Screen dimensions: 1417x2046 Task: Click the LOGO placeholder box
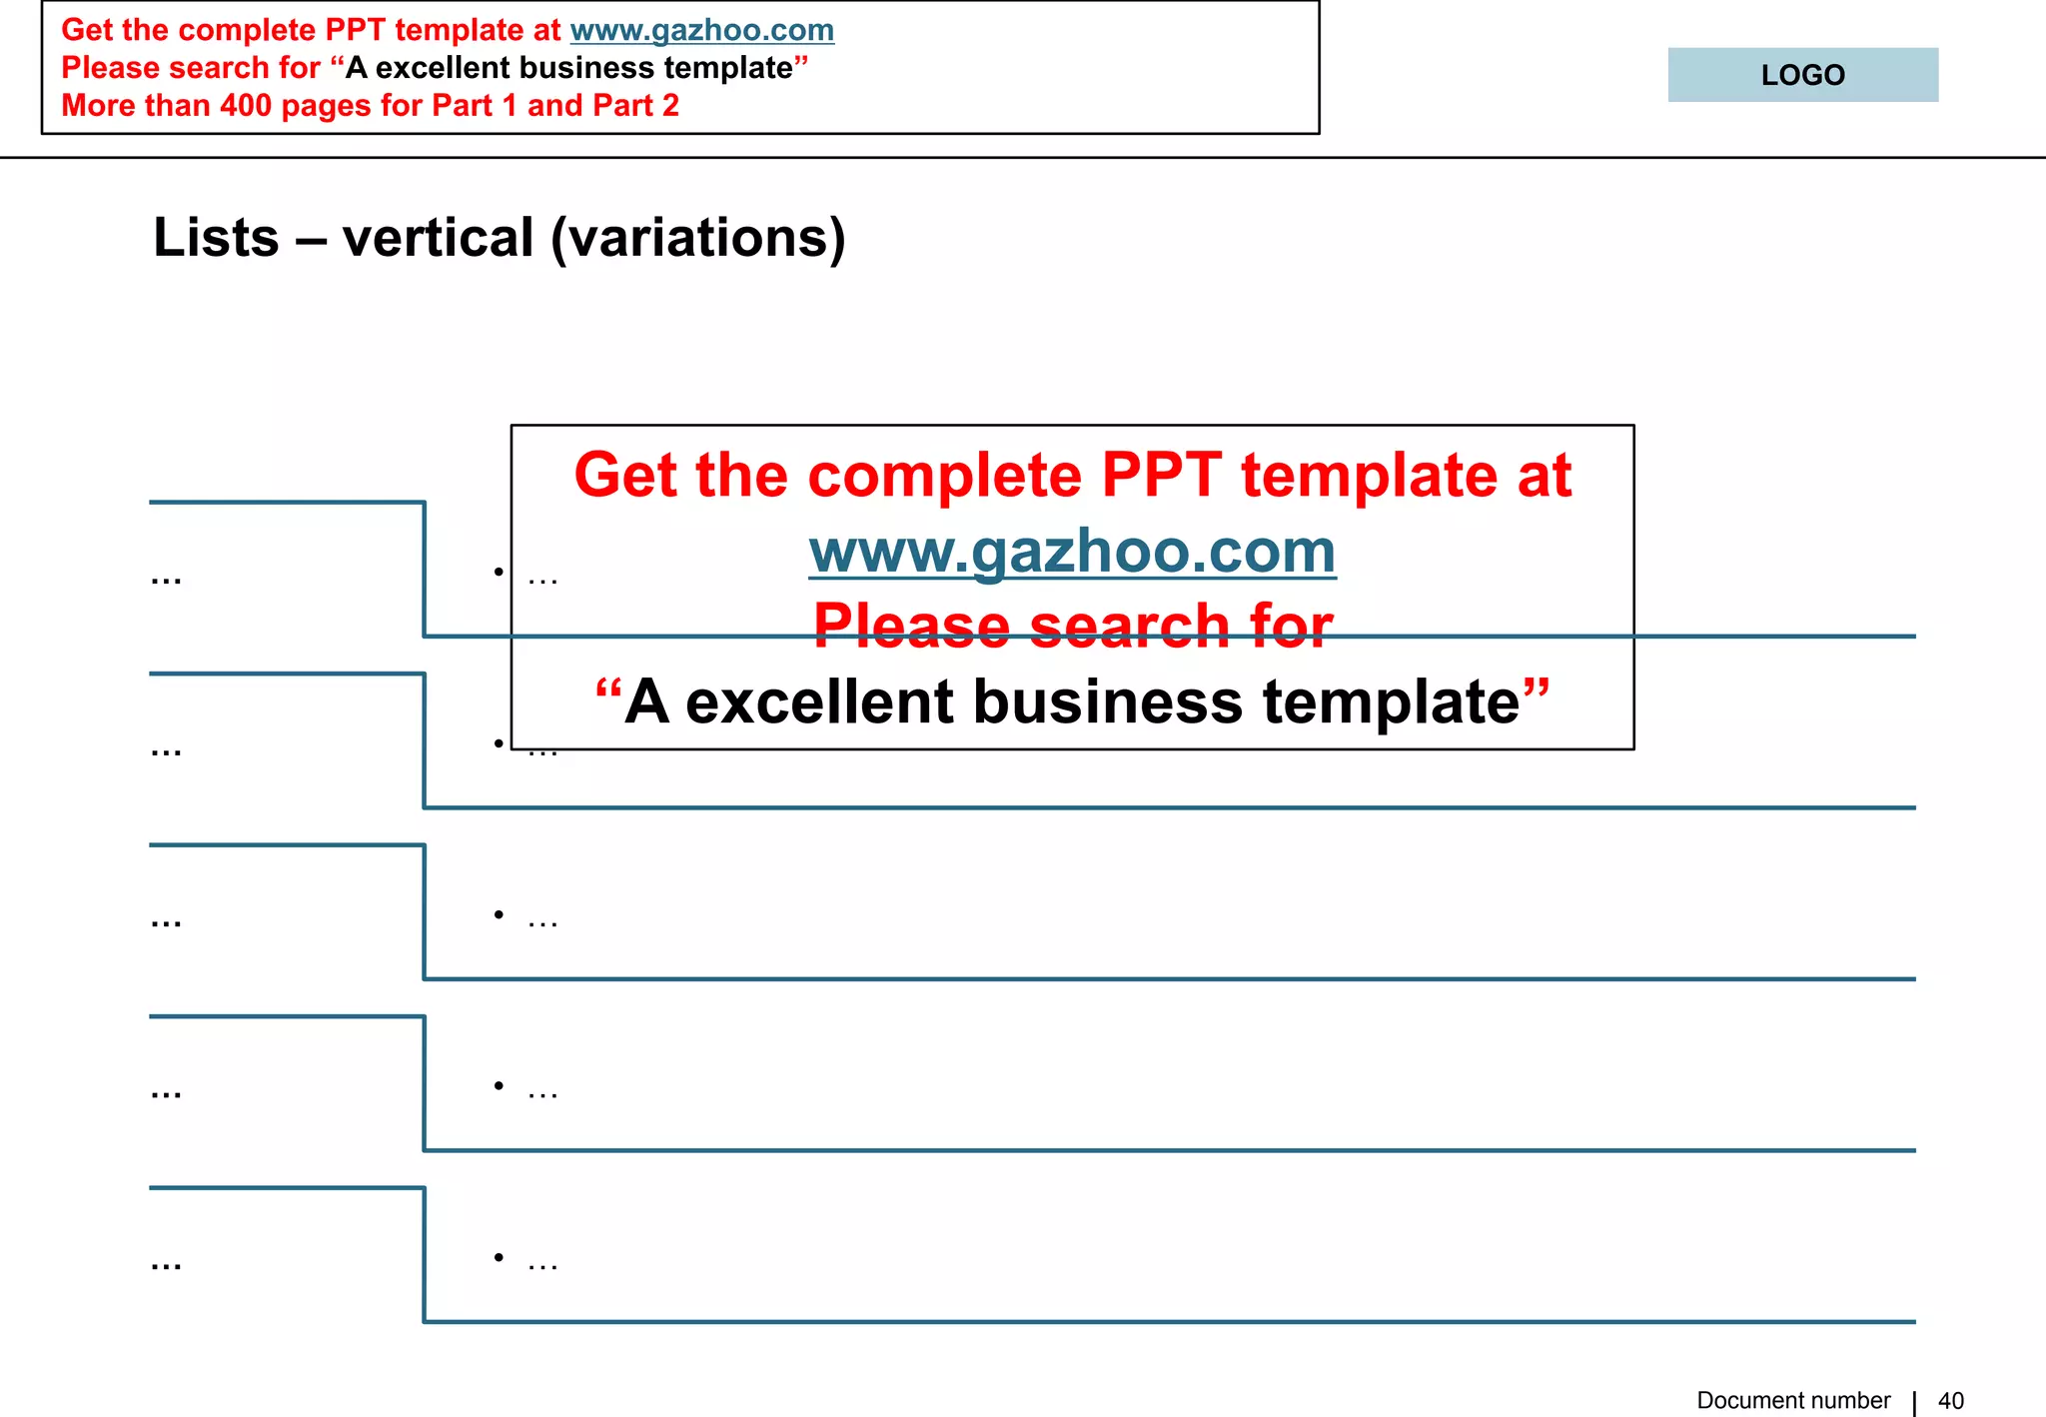click(1802, 75)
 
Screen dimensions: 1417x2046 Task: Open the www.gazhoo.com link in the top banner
click(701, 30)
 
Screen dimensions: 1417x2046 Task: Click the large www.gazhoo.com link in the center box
click(1072, 552)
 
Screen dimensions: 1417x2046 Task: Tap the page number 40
click(1951, 1401)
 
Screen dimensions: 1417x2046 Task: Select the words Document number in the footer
click(1793, 1401)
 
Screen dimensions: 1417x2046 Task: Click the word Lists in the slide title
click(216, 238)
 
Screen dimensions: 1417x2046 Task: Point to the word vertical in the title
click(438, 238)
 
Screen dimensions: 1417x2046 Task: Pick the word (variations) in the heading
click(698, 238)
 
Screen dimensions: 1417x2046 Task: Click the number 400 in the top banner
click(246, 106)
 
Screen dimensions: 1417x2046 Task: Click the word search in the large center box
click(1129, 627)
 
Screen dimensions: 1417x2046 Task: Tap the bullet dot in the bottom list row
click(499, 1257)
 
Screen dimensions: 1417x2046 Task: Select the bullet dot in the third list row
click(499, 914)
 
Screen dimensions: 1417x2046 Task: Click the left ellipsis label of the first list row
click(166, 579)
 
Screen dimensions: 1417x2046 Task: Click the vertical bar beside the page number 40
click(1914, 1402)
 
